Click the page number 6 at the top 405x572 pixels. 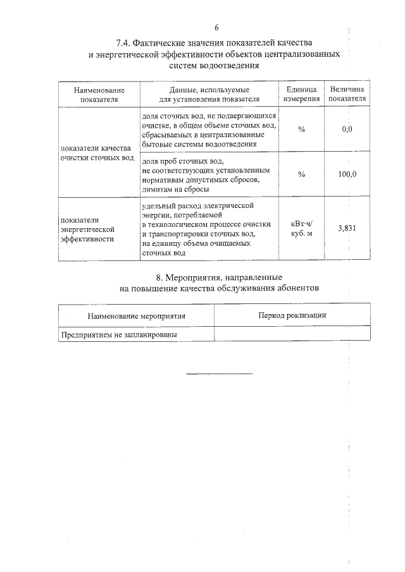pos(216,28)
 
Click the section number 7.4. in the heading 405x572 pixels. pos(126,43)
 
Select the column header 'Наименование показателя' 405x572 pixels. pos(99,95)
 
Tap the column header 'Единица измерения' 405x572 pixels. pos(301,95)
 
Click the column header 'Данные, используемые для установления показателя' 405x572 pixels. pos(209,95)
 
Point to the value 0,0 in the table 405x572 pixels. pos(347,129)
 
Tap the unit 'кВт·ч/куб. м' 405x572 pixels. pos(301,229)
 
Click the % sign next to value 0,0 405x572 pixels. pos(301,130)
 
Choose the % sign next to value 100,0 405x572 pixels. pos(301,175)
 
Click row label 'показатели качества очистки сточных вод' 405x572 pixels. pos(99,152)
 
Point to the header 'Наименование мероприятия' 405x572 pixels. pos(137,315)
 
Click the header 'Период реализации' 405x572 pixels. pos(292,314)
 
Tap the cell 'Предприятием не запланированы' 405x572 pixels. pos(118,334)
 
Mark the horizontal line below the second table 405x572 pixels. pos(219,374)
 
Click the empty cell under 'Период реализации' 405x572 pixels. pos(292,334)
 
